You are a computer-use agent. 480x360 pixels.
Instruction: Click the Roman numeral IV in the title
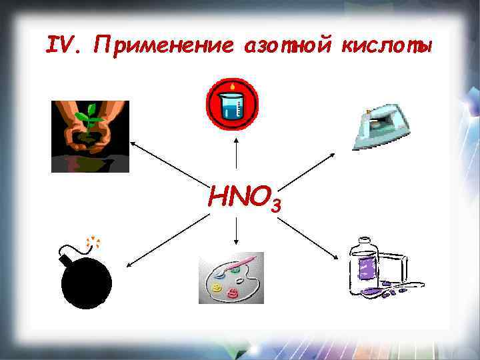tap(65, 45)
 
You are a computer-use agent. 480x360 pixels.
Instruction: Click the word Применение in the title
tap(164, 45)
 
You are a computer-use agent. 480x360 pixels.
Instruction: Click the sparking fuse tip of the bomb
tap(93, 241)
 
